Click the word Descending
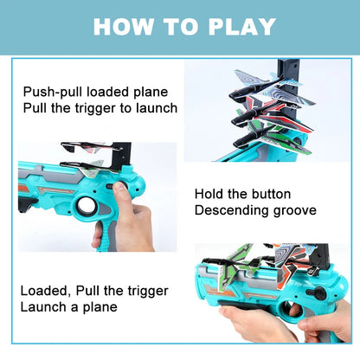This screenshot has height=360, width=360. click(229, 210)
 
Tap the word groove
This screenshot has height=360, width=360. click(292, 210)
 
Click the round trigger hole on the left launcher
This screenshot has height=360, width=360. click(86, 208)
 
